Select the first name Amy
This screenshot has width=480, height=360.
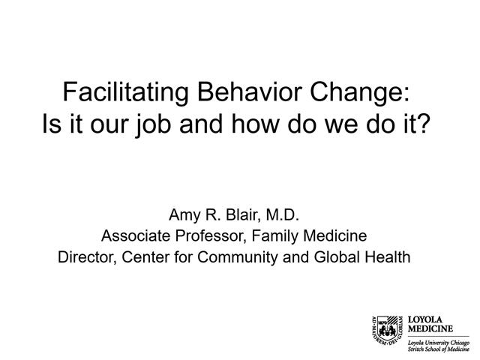[x=184, y=214]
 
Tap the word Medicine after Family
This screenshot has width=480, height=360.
[x=335, y=235]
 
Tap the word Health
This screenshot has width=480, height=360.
[x=387, y=257]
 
